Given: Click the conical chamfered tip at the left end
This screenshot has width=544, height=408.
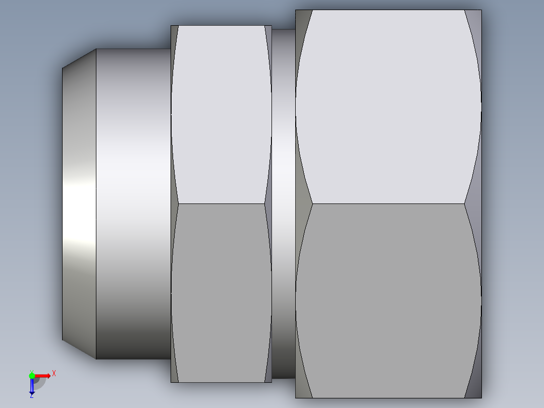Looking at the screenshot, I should [x=79, y=203].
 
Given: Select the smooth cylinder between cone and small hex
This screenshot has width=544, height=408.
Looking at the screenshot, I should [x=133, y=203].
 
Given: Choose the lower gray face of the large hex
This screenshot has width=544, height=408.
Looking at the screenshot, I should [x=388, y=300].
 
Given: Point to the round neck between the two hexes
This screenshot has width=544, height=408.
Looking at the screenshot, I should [x=283, y=203].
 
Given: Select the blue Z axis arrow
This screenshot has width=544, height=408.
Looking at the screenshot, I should [x=32, y=387].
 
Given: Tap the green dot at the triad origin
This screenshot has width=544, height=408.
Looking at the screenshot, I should [x=32, y=375].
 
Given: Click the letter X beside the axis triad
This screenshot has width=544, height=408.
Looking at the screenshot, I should [x=54, y=374].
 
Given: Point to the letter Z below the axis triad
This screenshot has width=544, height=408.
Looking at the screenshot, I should [x=31, y=396].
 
